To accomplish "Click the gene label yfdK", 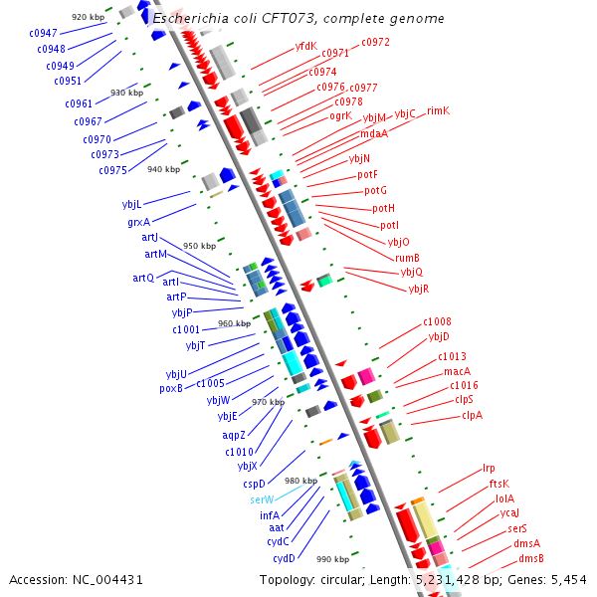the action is [305, 46].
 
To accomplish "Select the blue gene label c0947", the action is [43, 34].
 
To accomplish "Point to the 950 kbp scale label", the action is [199, 246].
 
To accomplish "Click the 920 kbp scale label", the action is [88, 18].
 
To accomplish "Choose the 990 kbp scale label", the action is [333, 559].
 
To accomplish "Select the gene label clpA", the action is [472, 415].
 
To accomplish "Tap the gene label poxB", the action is [171, 388].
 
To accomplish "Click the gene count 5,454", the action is [567, 580].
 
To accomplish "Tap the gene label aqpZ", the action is [233, 436].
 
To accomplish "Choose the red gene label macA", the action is [458, 371].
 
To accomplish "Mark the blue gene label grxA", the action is [138, 222].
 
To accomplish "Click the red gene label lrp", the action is [489, 468].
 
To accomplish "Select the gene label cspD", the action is [254, 484].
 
